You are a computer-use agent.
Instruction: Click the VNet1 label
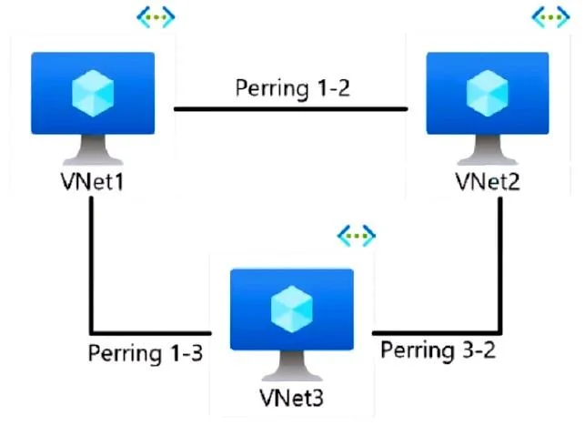point(92,182)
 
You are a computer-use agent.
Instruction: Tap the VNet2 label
point(488,182)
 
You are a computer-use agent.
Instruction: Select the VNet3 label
point(292,398)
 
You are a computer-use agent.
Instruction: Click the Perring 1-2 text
point(293,88)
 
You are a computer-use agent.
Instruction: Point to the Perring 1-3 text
point(146,353)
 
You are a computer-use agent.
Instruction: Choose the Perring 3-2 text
point(438,350)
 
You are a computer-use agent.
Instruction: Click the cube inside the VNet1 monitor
point(93,93)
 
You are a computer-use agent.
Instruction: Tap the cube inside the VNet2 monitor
point(488,93)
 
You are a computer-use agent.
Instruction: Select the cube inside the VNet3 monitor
point(292,309)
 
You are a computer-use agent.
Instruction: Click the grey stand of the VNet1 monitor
point(93,149)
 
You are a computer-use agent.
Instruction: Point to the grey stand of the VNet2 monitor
point(488,149)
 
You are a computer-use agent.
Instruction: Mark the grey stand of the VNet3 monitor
point(292,366)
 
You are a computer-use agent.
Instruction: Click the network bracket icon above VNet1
point(156,16)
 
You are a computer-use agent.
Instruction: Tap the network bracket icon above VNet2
point(550,16)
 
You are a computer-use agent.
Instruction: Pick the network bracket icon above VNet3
point(357,236)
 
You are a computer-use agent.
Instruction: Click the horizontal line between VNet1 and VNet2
point(291,109)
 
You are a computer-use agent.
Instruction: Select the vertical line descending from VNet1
point(91,265)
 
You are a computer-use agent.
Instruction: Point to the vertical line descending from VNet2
point(500,265)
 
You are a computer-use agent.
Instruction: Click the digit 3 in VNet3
point(318,399)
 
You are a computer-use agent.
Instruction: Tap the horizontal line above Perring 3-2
point(437,332)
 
